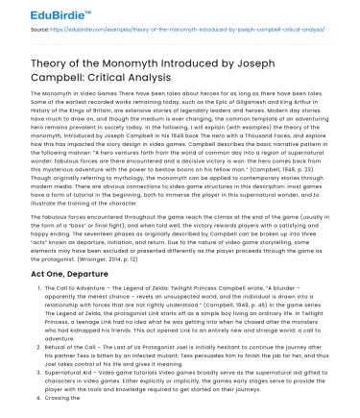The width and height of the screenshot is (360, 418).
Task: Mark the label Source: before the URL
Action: (x=18, y=30)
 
